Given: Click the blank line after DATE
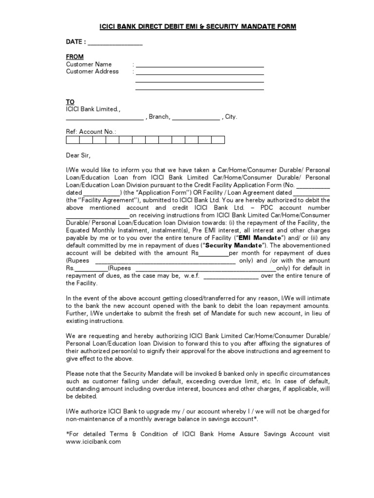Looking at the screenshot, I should coord(115,44).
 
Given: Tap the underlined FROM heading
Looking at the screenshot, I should coord(75,57).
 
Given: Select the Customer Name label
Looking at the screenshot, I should coord(89,64).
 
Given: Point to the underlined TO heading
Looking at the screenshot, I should coord(71,102).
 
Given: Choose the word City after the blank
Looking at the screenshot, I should coord(231,117).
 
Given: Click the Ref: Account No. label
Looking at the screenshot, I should coord(91,131).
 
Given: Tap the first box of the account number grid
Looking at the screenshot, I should coord(73,140).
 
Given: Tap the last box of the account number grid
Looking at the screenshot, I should coord(218,140).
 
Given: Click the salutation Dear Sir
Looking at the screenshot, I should coord(78,155).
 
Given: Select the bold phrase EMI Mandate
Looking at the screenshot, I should coord(260,238).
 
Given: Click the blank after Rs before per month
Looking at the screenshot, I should coord(214,253).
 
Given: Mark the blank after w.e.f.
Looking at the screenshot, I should coord(230,276).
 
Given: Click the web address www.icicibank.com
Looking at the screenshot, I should coord(93,442).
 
